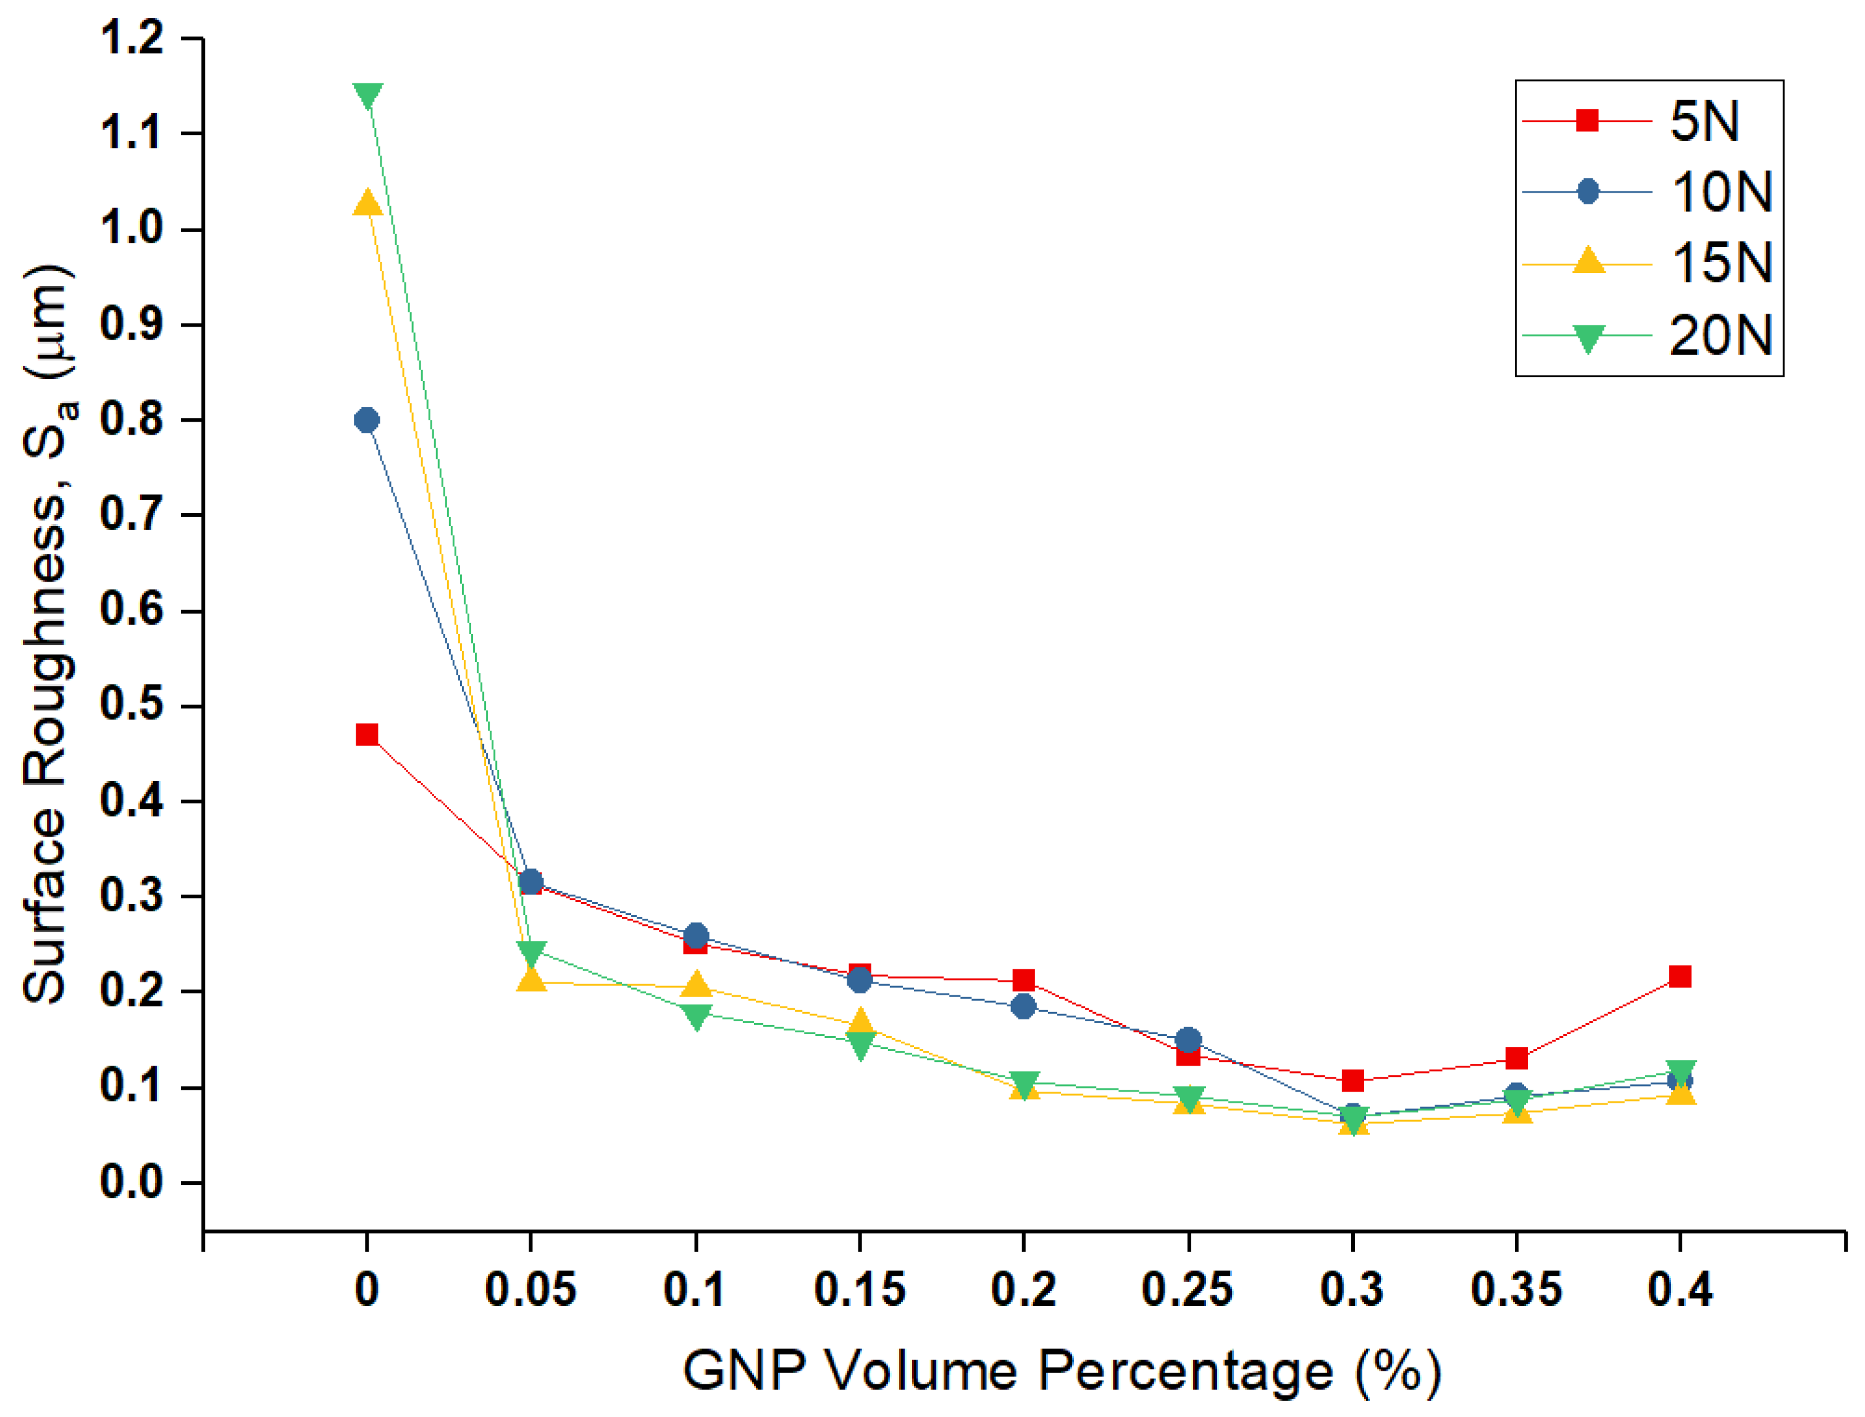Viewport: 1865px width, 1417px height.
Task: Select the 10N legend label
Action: pyautogui.click(x=1720, y=192)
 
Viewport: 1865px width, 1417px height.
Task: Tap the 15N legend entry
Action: pyautogui.click(x=1720, y=263)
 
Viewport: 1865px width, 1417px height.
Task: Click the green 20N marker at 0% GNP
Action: pyautogui.click(x=367, y=95)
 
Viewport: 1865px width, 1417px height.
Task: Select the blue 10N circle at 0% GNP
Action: pyautogui.click(x=366, y=420)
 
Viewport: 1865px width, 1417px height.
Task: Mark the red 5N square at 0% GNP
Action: pyautogui.click(x=366, y=735)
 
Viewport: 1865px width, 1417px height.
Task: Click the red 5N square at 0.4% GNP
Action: pyautogui.click(x=1680, y=977)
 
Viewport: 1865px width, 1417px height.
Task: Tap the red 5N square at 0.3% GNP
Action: pyautogui.click(x=1352, y=1081)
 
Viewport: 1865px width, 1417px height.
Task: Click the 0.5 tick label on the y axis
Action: pyautogui.click(x=132, y=705)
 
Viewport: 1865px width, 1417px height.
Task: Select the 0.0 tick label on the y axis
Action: pyautogui.click(x=132, y=1182)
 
